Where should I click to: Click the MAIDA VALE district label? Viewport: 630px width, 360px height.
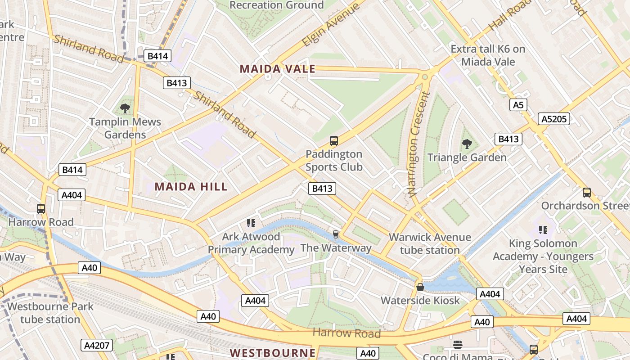coord(277,69)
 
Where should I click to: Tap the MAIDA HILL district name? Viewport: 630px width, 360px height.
coord(191,186)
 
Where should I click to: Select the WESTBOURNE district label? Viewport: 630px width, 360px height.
coord(273,353)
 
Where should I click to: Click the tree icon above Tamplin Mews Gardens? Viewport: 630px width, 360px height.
coord(125,108)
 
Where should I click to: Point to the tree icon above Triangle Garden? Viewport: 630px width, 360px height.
coord(467,144)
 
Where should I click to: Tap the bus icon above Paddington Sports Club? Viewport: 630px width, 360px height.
coord(333,140)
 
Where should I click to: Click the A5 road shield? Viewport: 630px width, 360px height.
coord(518,105)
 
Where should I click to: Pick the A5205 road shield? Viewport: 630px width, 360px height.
coord(554,119)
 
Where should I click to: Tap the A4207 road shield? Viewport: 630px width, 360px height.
coord(96,345)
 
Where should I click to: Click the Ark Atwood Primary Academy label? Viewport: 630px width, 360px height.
coord(251,243)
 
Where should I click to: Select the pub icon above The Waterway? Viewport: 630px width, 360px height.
coord(335,234)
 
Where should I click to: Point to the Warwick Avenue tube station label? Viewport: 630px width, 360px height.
coord(430,243)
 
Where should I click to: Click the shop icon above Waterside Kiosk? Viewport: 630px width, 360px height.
coord(420,287)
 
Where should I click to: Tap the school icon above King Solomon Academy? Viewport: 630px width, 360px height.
coord(543,230)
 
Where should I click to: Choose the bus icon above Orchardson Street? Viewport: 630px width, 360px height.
coord(586,193)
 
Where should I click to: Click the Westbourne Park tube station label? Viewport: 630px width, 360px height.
coord(50,313)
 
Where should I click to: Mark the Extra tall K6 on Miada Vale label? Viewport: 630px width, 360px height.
coord(488,55)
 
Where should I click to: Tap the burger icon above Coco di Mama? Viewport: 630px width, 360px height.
coord(458,345)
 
